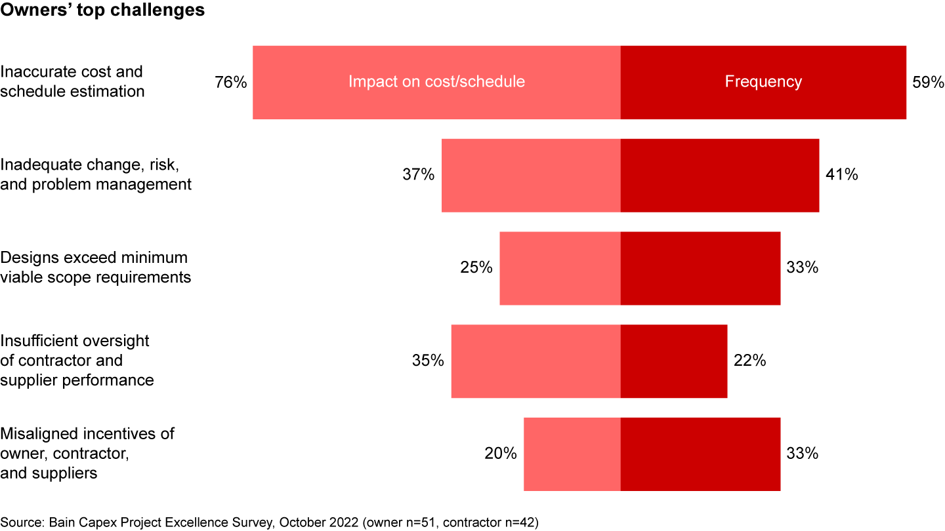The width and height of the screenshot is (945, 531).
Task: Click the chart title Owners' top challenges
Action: coord(102,11)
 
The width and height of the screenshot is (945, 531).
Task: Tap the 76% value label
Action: coord(231,83)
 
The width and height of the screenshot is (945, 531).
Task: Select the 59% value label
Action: coord(928,83)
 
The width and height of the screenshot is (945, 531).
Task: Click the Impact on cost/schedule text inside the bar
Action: coord(436,82)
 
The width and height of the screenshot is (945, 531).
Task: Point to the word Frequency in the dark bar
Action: coord(763,82)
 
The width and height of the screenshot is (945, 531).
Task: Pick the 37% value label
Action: coord(419,175)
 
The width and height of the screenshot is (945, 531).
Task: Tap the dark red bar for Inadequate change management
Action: coord(719,175)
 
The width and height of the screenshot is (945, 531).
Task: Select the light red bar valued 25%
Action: coord(560,268)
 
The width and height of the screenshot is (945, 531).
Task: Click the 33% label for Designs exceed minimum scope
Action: coord(803,268)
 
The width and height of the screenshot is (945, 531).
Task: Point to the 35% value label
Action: coord(428,361)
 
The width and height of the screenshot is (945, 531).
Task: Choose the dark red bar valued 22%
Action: coord(673,361)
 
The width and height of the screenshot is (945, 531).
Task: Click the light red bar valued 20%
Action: coord(572,454)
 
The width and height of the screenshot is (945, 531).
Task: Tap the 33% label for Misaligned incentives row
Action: coord(803,454)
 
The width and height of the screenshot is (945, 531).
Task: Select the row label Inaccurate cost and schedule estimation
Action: coord(72,82)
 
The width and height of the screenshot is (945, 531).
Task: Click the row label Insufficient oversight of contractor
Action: coord(77,361)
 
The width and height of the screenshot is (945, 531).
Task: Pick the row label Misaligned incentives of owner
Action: coord(87,454)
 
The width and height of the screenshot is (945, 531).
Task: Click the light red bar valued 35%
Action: coord(535,361)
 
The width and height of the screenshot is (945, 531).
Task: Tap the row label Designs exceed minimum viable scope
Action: coord(95,267)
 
